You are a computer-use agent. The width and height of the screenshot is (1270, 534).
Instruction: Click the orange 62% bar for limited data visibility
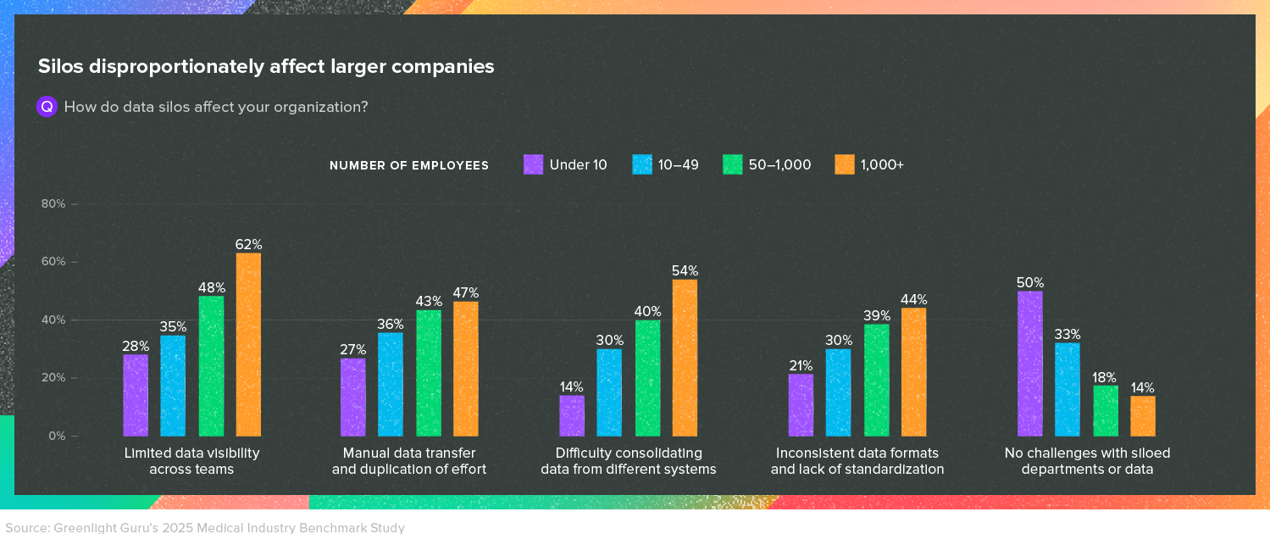coord(248,344)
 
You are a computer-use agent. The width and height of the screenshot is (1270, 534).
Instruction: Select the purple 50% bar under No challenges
coord(1029,364)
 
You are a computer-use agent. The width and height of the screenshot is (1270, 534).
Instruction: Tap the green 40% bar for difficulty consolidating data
coord(647,378)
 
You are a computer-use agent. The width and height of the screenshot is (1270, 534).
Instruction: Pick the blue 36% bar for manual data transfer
coord(391,384)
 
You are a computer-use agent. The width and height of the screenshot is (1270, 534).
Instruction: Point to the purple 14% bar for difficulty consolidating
coord(572,415)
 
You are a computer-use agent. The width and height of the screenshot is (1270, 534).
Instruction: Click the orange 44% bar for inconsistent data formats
coord(913,372)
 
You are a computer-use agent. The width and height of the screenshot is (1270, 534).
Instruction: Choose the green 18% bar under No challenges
coord(1105,410)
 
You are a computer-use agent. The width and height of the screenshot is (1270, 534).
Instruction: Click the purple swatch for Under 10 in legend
coord(533,164)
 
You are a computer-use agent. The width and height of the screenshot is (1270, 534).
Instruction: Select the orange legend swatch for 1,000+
coord(844,164)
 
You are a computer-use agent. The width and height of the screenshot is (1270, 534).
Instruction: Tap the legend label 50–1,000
coord(779,164)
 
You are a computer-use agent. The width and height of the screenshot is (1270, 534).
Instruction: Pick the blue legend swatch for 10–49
coord(642,164)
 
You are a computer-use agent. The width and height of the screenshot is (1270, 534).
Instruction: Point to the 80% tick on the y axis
coord(54,203)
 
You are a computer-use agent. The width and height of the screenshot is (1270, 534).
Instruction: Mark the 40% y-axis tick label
coord(54,320)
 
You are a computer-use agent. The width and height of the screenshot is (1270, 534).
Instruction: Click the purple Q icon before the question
coord(47,107)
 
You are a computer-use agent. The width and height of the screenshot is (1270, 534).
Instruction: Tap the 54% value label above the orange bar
coord(685,271)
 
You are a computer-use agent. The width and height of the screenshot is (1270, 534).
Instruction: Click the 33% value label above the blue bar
coord(1067,335)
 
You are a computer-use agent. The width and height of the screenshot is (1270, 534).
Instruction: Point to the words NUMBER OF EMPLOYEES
coord(409,165)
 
